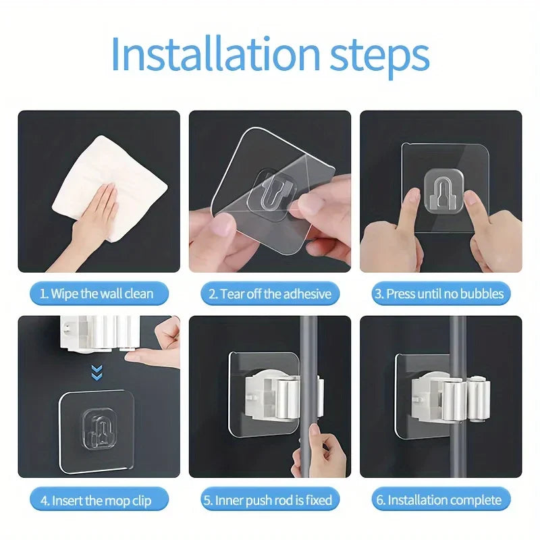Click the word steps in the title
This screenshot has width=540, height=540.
point(375,55)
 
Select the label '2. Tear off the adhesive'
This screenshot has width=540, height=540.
point(269,294)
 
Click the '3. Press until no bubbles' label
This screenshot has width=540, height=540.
point(440,294)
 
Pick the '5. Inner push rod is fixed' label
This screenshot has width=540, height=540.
point(269,500)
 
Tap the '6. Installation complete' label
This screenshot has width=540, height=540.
point(440,500)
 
